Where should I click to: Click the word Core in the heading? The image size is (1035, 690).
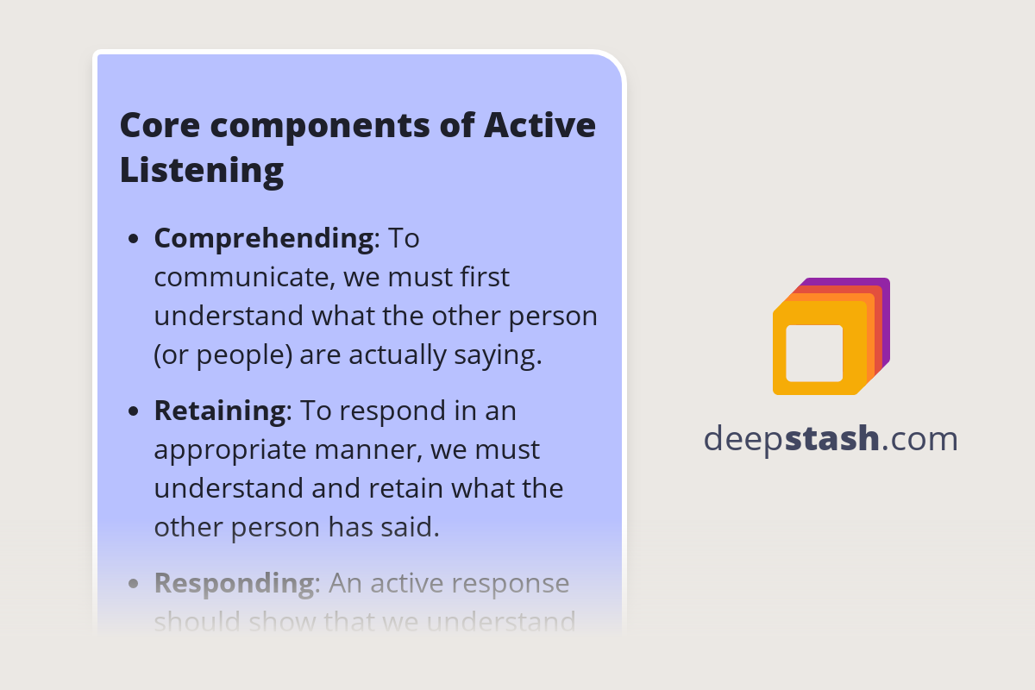(x=156, y=126)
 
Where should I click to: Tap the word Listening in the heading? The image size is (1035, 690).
(x=202, y=170)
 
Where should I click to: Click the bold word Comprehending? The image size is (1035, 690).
(x=263, y=238)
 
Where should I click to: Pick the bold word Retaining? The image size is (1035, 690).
(x=219, y=411)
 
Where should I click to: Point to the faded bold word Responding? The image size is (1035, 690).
(x=234, y=583)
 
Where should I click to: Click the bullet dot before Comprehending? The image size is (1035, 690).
(x=133, y=239)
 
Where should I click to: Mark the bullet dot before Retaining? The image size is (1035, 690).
(x=133, y=411)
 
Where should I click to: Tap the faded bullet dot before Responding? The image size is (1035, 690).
(x=133, y=584)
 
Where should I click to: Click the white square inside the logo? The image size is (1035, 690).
(x=814, y=353)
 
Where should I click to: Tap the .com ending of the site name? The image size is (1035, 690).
(x=920, y=439)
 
